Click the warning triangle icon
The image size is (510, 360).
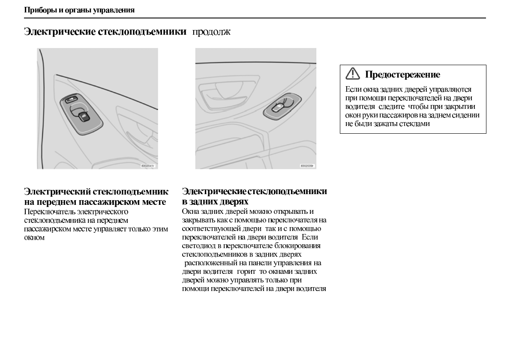coord(353,74)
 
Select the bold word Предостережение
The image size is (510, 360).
coord(402,75)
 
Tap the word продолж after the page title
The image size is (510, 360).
coord(211,32)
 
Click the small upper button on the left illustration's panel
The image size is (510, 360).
coord(72,101)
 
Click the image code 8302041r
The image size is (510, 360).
coord(147,165)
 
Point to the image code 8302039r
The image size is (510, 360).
coord(306,165)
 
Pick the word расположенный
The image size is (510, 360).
coord(209,263)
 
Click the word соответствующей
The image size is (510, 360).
coord(207,228)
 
